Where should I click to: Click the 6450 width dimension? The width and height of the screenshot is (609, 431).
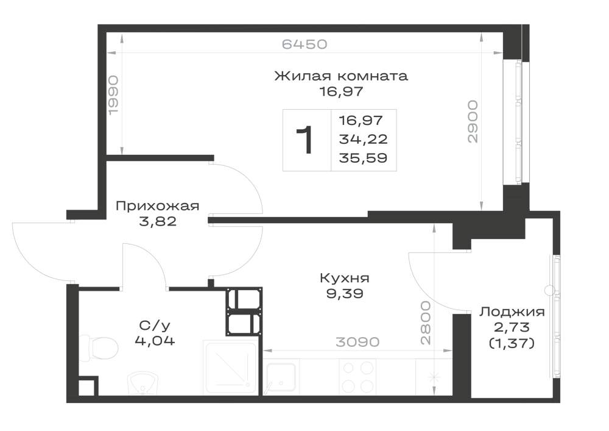[x=304, y=44]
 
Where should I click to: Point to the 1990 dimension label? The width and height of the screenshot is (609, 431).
[x=113, y=95]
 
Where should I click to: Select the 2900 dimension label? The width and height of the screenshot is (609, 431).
[x=473, y=122]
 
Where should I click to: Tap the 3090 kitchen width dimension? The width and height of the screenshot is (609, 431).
[x=357, y=342]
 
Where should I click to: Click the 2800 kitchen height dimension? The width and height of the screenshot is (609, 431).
[x=426, y=322]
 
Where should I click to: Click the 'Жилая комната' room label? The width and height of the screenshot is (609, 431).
[x=341, y=76]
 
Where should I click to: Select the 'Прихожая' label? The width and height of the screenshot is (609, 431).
[x=158, y=205]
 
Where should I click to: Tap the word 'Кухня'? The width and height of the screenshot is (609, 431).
[x=345, y=278]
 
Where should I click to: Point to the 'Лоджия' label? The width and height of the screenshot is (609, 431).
[x=512, y=312]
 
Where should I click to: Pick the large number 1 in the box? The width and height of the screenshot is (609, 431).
[x=305, y=140]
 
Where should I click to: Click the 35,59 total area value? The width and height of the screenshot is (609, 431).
[x=363, y=158]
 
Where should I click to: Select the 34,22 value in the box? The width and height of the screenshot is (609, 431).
[x=363, y=139]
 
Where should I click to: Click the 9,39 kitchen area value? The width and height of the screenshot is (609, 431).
[x=345, y=293]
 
